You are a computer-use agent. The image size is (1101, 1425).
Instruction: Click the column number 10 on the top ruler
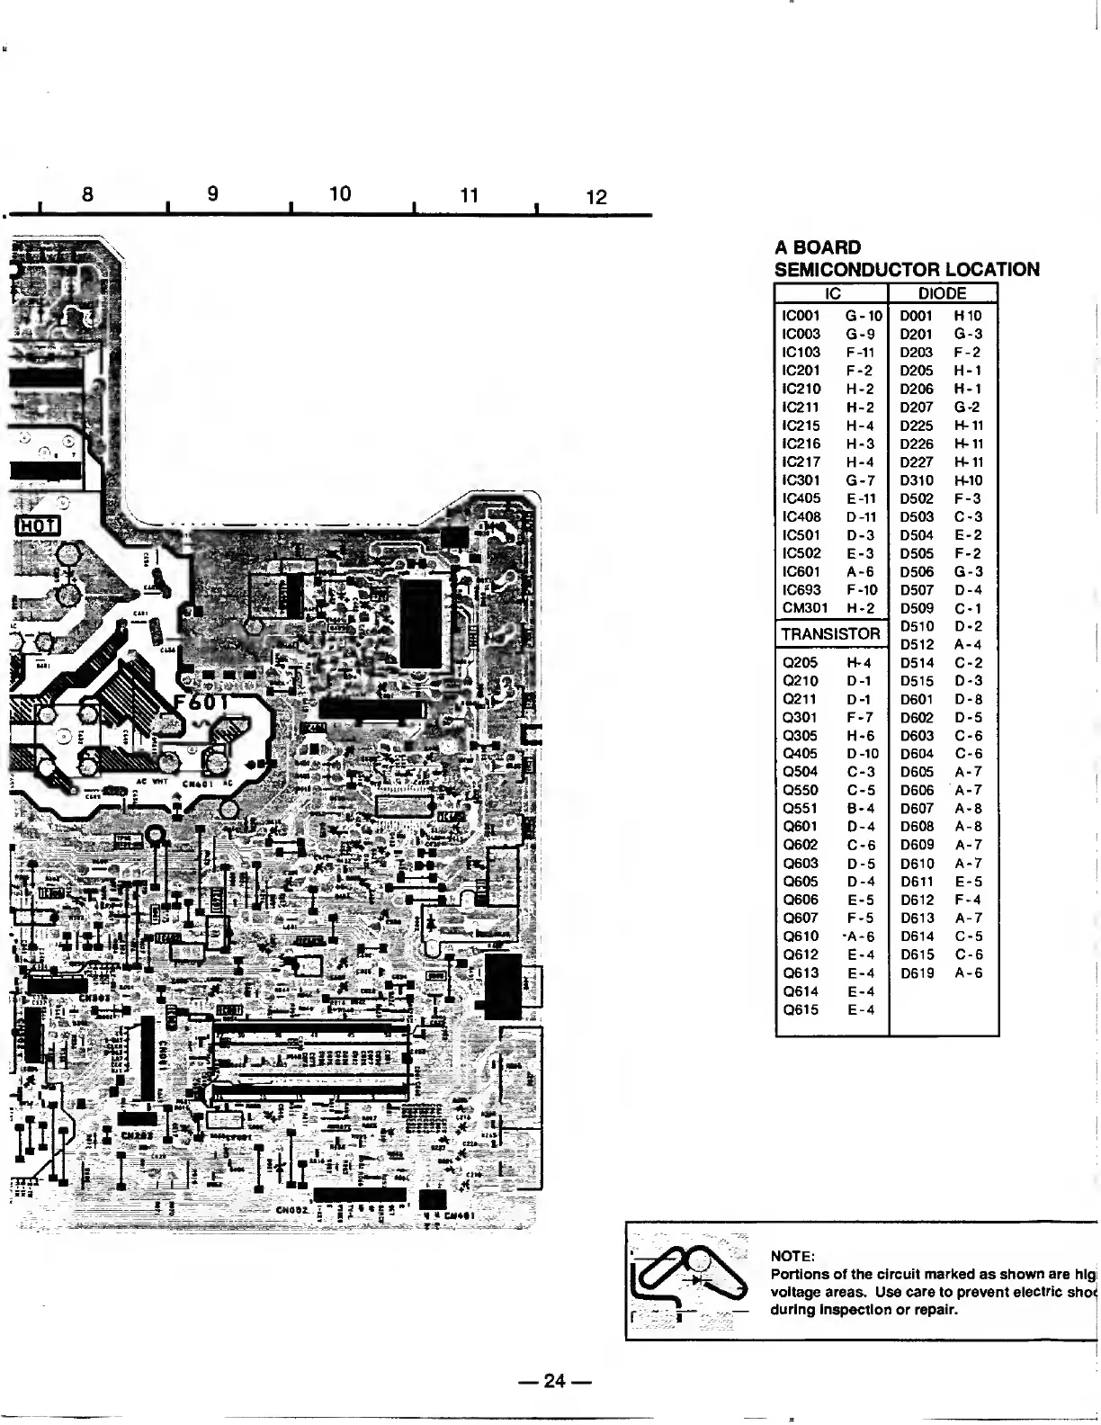click(x=340, y=193)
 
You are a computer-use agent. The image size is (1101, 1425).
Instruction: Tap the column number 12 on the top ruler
click(x=596, y=197)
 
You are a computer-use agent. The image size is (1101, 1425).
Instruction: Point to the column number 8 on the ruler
click(x=87, y=193)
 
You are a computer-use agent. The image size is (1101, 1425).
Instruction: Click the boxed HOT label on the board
click(x=38, y=524)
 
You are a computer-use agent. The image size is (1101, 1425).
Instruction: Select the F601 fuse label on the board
click(x=204, y=703)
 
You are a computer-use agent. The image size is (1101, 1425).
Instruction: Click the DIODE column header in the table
click(x=942, y=293)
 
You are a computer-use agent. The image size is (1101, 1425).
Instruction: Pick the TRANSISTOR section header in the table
click(x=830, y=634)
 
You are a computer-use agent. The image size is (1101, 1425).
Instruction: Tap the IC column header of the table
click(x=832, y=293)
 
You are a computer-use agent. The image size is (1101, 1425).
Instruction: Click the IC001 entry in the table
click(x=801, y=316)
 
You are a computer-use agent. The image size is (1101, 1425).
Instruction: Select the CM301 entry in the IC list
click(x=804, y=608)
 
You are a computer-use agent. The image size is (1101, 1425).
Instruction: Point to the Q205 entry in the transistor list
click(x=801, y=663)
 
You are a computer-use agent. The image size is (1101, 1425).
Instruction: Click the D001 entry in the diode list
click(x=917, y=316)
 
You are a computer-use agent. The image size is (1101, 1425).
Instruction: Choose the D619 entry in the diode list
click(x=917, y=973)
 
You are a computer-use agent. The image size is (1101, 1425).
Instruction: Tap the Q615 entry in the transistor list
click(x=801, y=1010)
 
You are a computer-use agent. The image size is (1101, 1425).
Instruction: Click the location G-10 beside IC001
click(x=864, y=316)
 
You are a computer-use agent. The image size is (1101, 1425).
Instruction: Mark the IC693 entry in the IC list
click(x=801, y=590)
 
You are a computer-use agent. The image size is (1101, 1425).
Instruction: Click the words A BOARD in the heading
click(x=818, y=247)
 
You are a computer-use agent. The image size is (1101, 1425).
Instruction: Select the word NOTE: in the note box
click(x=793, y=1256)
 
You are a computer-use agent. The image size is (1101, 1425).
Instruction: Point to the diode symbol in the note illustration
click(x=700, y=1277)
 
